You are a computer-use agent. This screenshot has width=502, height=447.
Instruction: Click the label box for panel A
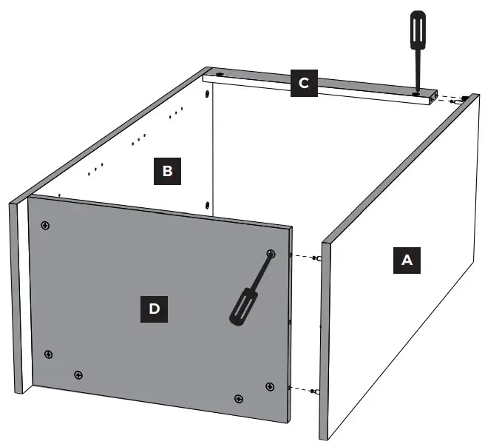[x=406, y=261]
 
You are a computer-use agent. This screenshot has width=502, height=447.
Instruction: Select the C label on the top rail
[x=303, y=84]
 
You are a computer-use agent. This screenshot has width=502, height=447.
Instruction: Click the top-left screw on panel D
[x=46, y=225]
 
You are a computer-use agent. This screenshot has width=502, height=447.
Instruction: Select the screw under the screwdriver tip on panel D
[x=271, y=254]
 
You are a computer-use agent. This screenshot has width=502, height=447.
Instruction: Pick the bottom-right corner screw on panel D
[x=269, y=386]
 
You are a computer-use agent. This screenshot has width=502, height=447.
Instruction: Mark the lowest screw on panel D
[x=238, y=399]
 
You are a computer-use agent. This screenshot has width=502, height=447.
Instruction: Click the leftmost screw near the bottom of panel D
[x=48, y=354]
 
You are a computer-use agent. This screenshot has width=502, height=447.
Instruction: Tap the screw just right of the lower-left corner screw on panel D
[x=78, y=374]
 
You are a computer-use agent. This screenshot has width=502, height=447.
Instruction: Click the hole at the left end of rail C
[x=220, y=75]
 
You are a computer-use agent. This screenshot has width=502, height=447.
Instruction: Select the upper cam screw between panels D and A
[x=316, y=258]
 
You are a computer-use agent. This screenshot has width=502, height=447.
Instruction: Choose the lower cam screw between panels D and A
[x=315, y=390]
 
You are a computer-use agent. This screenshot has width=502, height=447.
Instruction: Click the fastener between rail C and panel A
[x=461, y=98]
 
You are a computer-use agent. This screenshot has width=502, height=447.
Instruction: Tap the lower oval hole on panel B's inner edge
[x=208, y=204]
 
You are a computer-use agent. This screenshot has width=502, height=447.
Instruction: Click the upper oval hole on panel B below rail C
[x=208, y=95]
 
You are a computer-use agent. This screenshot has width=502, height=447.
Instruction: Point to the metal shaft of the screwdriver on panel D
[x=261, y=270]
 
